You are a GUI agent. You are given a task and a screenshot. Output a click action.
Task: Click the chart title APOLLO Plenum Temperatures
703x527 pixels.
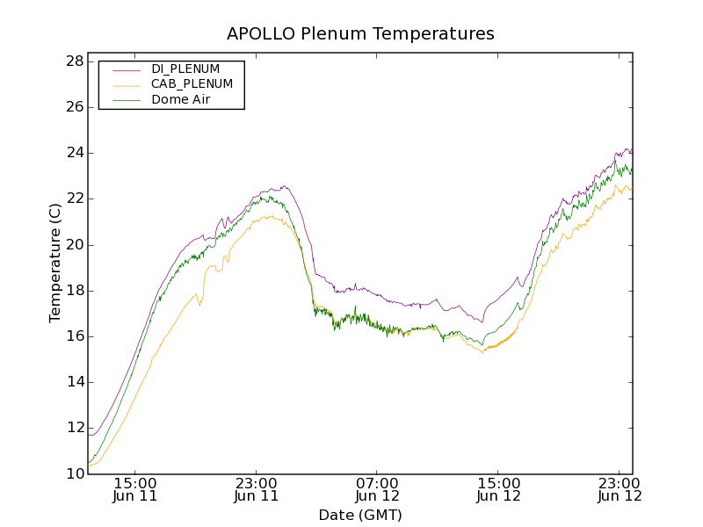[x=360, y=34]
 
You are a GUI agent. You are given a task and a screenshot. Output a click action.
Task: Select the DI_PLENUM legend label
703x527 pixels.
[x=185, y=69]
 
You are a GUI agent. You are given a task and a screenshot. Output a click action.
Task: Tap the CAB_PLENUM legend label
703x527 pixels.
[x=192, y=84]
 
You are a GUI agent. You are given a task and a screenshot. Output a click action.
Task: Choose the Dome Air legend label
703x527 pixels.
[x=181, y=100]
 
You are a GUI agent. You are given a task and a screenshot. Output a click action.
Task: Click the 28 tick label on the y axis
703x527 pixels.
[x=74, y=61]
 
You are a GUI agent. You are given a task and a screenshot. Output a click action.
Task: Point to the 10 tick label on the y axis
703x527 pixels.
[x=74, y=474]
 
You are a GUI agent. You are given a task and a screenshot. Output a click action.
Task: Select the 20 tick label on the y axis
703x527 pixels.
[x=74, y=245]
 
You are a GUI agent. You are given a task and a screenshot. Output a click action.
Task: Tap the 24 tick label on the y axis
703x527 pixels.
[x=74, y=153]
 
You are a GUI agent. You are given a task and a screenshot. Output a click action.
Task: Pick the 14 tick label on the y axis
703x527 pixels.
[x=74, y=382]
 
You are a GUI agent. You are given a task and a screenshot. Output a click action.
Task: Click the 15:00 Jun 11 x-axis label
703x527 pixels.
[x=135, y=489]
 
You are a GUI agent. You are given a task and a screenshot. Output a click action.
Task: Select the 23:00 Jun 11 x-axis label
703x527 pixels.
[x=256, y=489]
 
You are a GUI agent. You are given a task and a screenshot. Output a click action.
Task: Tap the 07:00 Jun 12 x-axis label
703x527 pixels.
[x=377, y=489]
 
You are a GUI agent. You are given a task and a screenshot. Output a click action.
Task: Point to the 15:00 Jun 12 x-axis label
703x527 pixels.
[x=498, y=489]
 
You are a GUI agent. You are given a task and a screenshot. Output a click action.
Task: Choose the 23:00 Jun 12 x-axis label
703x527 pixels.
[x=619, y=489]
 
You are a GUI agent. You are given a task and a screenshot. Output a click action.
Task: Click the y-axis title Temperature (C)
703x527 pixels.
[x=55, y=263]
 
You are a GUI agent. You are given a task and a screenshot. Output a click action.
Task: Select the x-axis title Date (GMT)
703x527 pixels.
[x=360, y=516]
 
